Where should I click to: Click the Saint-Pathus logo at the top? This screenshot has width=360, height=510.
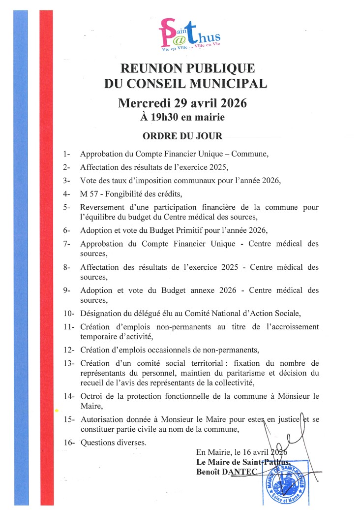[x=189, y=36]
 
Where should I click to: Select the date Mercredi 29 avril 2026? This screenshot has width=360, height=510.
[x=182, y=103]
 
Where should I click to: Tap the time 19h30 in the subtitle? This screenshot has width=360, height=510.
[x=166, y=117]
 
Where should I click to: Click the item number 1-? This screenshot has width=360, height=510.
[x=67, y=154]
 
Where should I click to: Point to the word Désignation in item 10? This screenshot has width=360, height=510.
[x=101, y=313]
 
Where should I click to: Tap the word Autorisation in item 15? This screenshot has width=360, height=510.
[x=101, y=419]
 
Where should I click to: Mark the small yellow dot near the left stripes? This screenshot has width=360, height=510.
[x=57, y=410]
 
